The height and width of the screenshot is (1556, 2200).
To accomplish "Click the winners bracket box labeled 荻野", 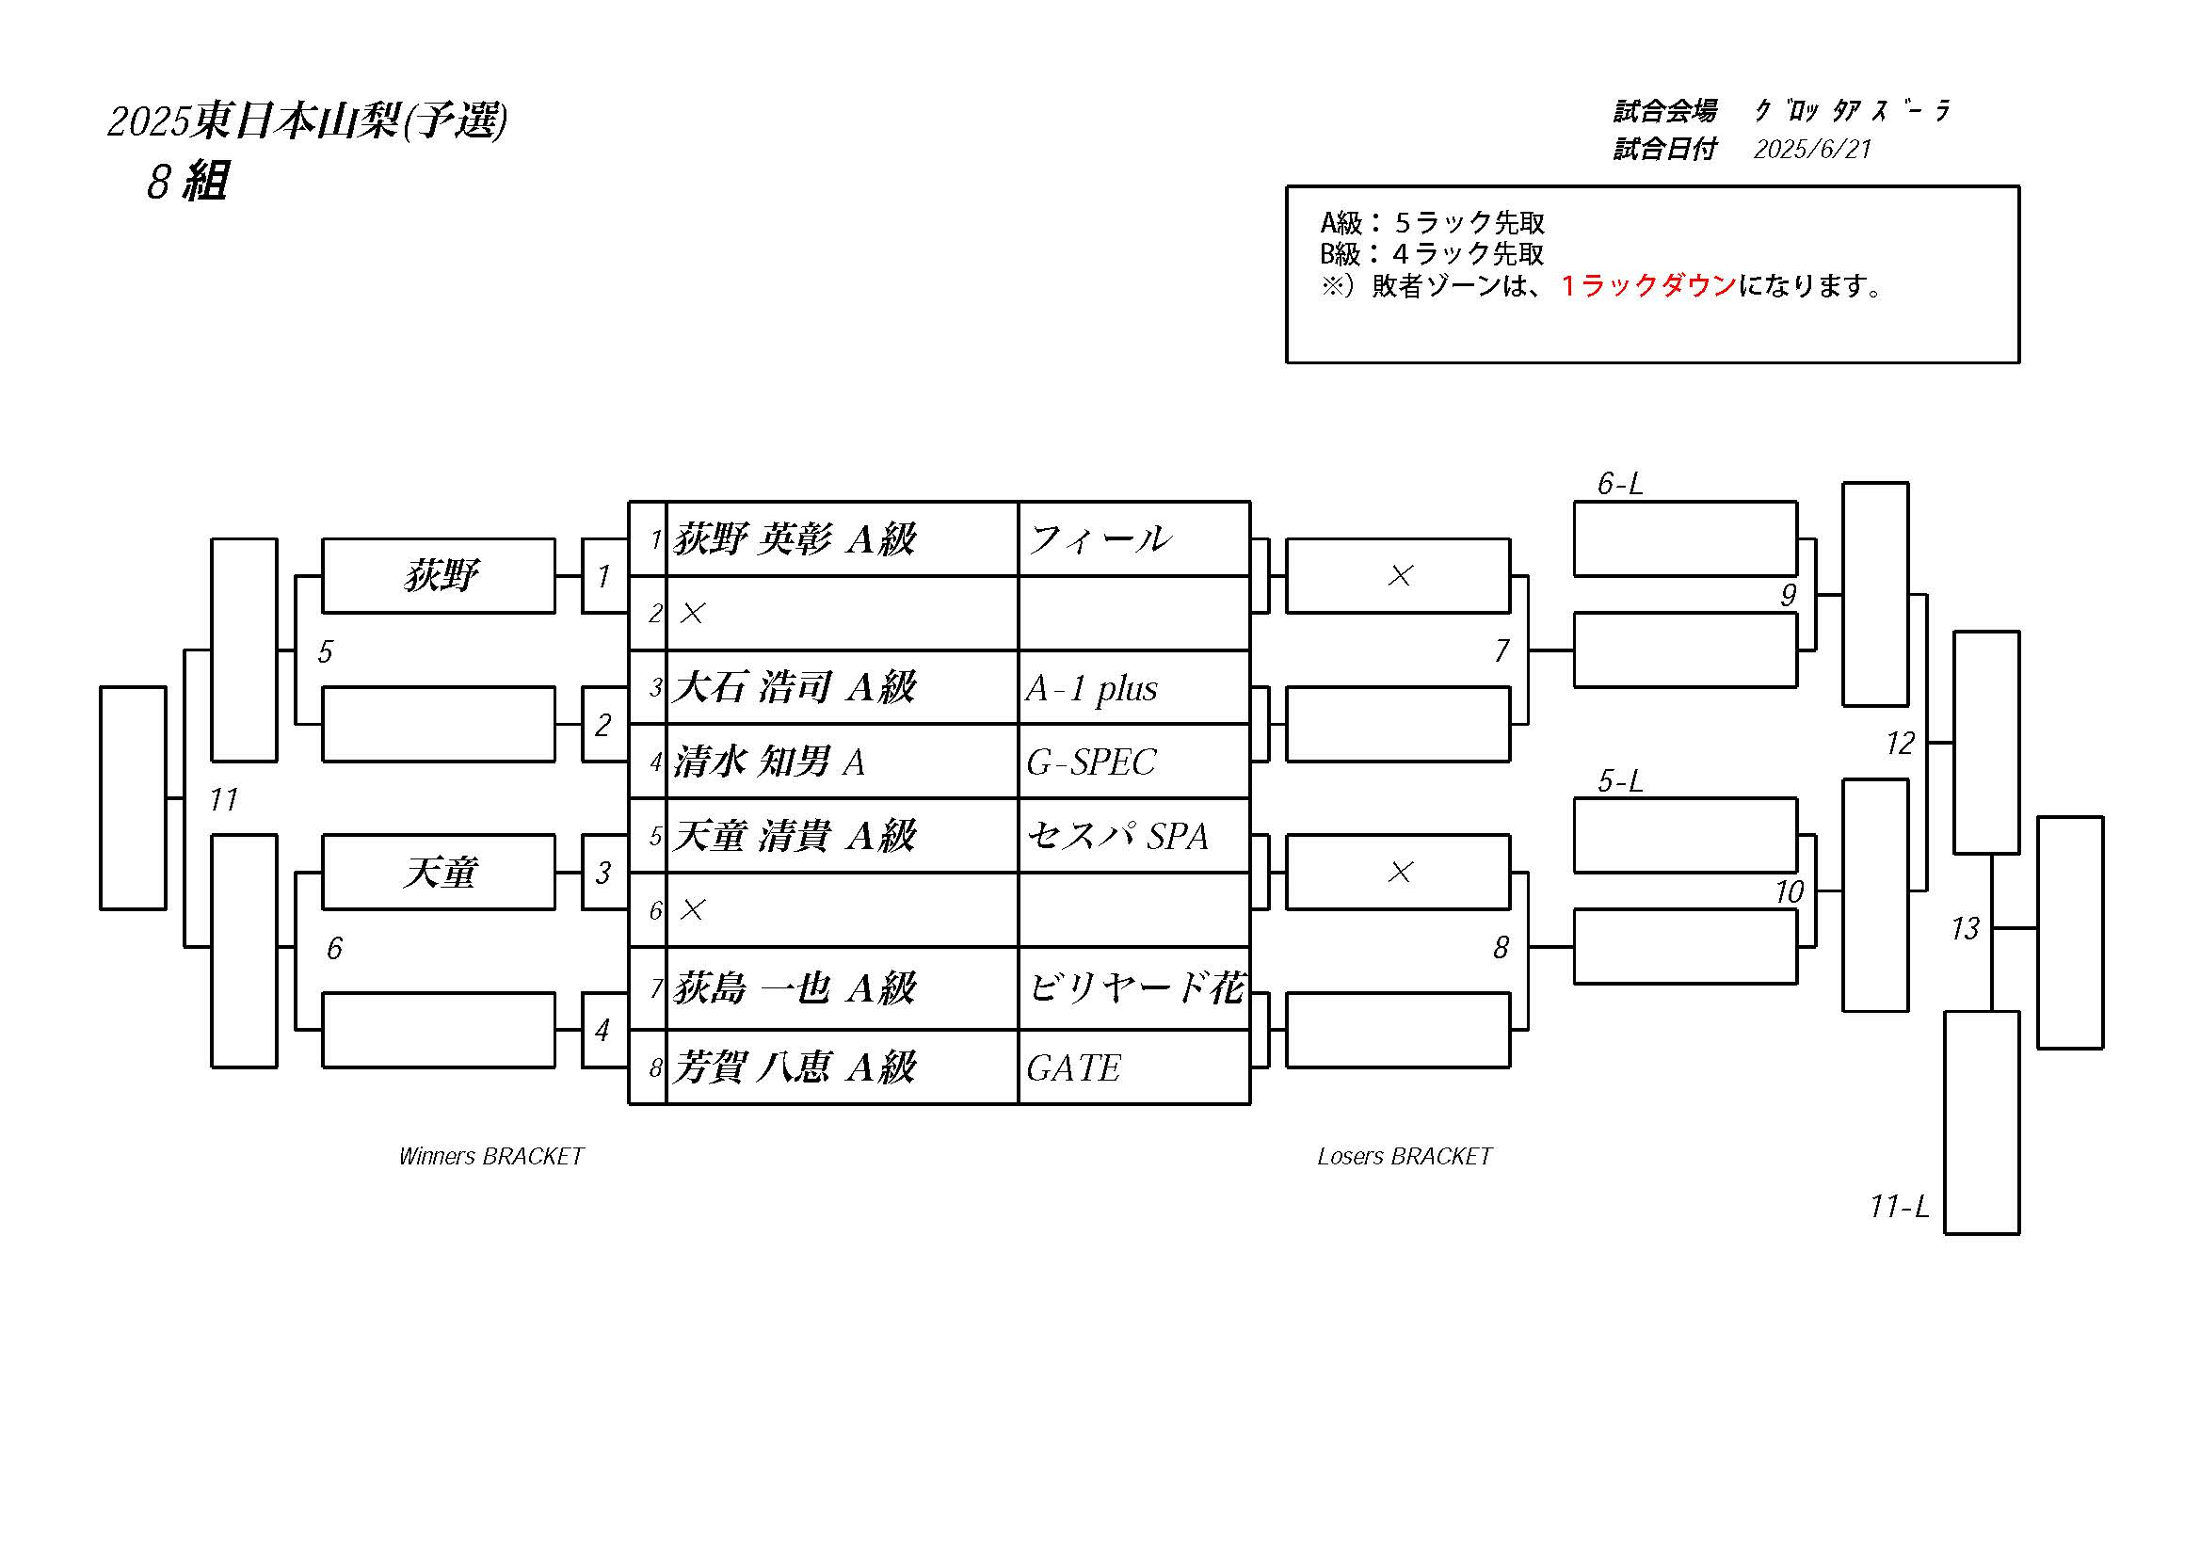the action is (x=439, y=576).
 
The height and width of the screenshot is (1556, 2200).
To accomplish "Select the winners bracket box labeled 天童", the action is (x=439, y=873).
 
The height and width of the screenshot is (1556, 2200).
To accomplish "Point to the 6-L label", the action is (x=1619, y=484).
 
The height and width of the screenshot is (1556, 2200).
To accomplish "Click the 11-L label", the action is (x=1899, y=1206).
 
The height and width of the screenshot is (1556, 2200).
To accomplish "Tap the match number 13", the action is (x=1966, y=928).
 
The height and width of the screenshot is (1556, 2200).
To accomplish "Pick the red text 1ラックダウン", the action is (x=1648, y=285).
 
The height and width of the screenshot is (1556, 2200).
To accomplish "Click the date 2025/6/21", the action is (x=1812, y=149).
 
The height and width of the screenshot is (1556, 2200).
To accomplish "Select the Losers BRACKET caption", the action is (x=1405, y=1157).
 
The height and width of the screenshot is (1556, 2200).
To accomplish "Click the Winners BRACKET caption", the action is (x=491, y=1157).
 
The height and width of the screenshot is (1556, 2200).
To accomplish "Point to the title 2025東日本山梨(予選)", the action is (x=308, y=120).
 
